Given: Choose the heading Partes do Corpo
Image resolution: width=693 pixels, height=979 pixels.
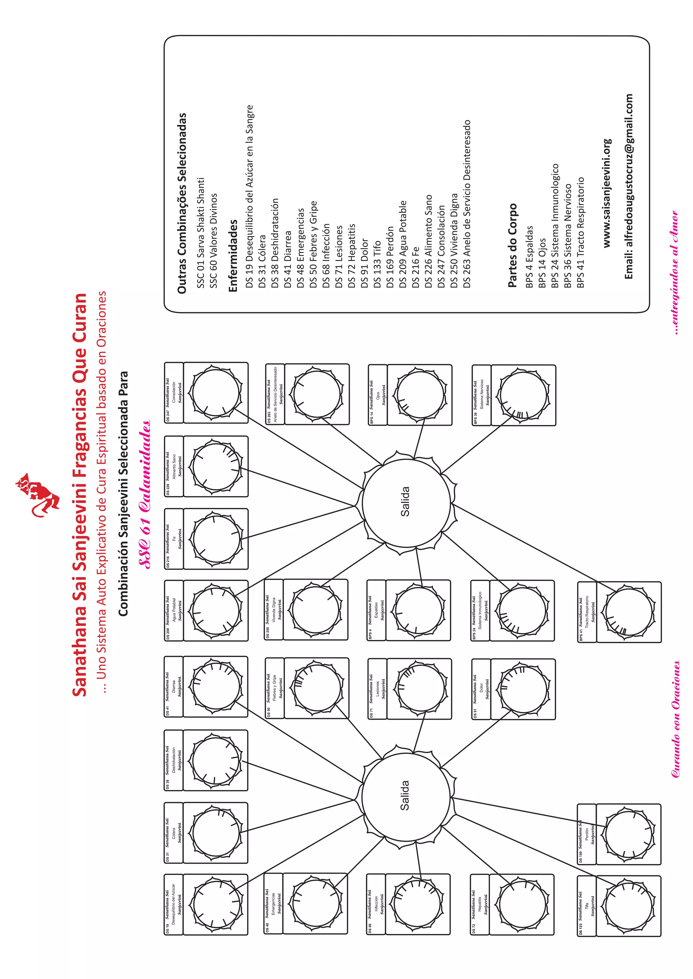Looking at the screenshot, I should click(512, 245).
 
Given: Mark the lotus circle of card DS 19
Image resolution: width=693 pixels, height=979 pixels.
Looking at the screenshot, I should click(216, 905).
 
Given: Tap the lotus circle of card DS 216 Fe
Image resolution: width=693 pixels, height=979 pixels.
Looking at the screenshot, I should click(216, 539).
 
